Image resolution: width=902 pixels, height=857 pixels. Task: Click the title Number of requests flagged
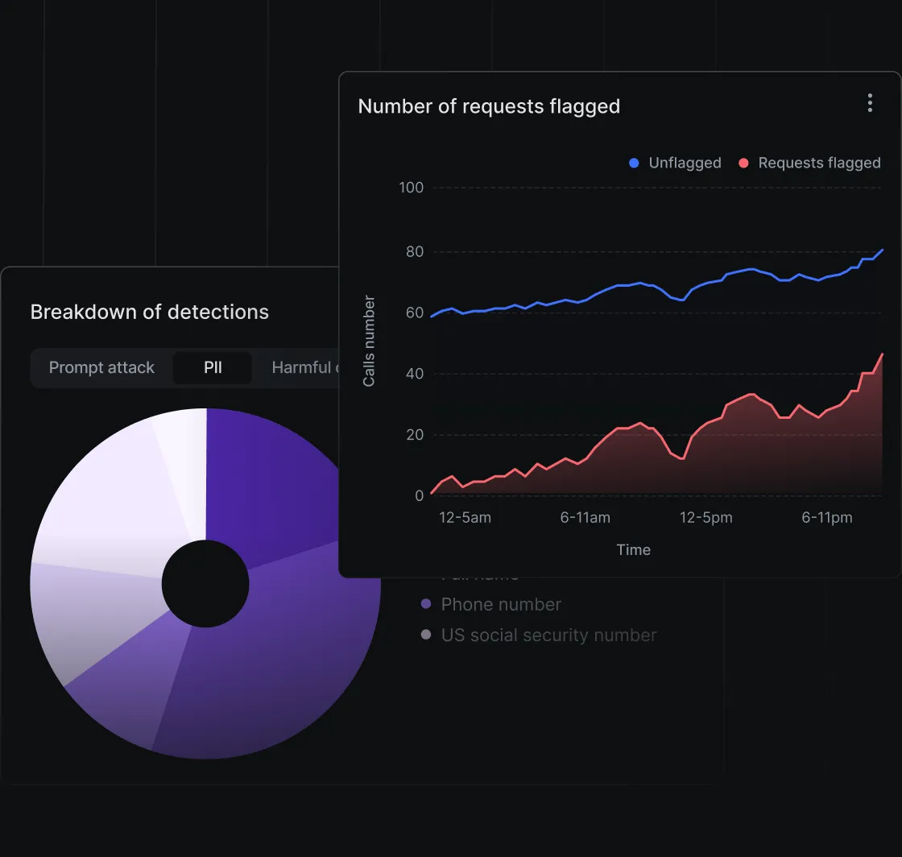coord(489,106)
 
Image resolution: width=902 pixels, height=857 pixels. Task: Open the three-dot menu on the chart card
coord(870,103)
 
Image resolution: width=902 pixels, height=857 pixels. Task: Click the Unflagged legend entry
coord(675,163)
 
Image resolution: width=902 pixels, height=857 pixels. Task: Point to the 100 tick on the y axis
coord(411,188)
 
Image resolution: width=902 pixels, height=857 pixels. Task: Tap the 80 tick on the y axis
coord(414,251)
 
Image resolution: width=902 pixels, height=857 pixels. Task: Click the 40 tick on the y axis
coord(414,374)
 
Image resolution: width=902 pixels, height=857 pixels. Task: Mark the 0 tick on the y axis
coord(419,495)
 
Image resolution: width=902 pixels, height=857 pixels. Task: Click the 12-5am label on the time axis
coord(465,517)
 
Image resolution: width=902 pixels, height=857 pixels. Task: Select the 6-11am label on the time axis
coord(585,517)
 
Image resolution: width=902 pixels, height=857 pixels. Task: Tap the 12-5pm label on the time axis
coord(706,517)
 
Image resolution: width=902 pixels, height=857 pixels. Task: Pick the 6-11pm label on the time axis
coord(827,517)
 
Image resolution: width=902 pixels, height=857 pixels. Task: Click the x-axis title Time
coord(633,549)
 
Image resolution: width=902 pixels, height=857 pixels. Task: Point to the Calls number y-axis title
coord(369,342)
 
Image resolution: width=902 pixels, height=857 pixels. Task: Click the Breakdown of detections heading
coord(150,312)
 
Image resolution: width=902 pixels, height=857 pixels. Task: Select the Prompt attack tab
coord(101,367)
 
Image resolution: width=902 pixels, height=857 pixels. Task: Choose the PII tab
coord(213,367)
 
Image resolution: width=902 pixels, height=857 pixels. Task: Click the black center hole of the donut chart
coord(205,584)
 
